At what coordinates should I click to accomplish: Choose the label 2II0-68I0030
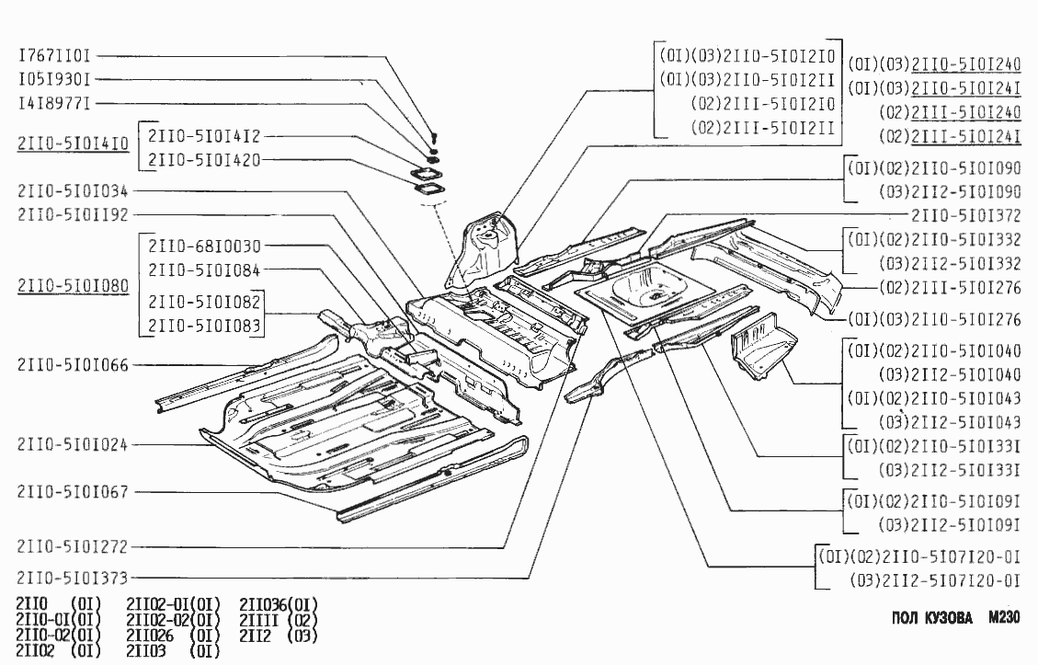coord(204,246)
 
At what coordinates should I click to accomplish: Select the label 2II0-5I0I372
coord(966,216)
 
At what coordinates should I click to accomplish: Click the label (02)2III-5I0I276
coord(950,287)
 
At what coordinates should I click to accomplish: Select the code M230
coord(1004,617)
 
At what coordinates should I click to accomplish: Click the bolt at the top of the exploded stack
coord(432,138)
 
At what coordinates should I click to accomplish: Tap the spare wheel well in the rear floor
coord(647,287)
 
